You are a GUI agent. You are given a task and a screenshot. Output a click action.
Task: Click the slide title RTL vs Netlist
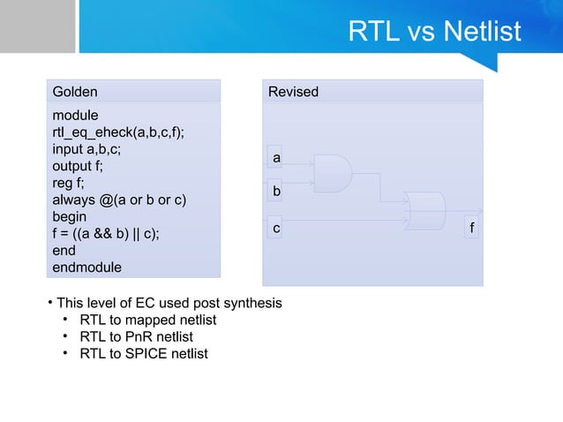[434, 33]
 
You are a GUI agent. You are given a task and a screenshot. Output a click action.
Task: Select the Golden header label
[75, 92]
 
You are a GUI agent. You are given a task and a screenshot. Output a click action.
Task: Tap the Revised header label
[293, 92]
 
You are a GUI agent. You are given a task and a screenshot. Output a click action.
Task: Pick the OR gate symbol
[424, 211]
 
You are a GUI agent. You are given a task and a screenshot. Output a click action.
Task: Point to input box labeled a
[275, 157]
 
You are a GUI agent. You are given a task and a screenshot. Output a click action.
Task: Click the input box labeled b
[275, 190]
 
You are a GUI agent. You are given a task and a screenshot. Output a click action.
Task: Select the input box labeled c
[275, 228]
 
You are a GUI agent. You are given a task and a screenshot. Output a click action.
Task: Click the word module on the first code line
[76, 116]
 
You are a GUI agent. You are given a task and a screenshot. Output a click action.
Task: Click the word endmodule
[86, 267]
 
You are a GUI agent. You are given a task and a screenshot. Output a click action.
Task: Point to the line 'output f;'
[78, 166]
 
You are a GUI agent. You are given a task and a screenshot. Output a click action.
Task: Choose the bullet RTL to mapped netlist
[147, 320]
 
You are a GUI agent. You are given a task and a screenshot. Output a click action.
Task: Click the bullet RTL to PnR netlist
[136, 336]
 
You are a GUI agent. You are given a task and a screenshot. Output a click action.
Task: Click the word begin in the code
[70, 216]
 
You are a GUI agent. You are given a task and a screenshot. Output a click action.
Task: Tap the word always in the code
[73, 200]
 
